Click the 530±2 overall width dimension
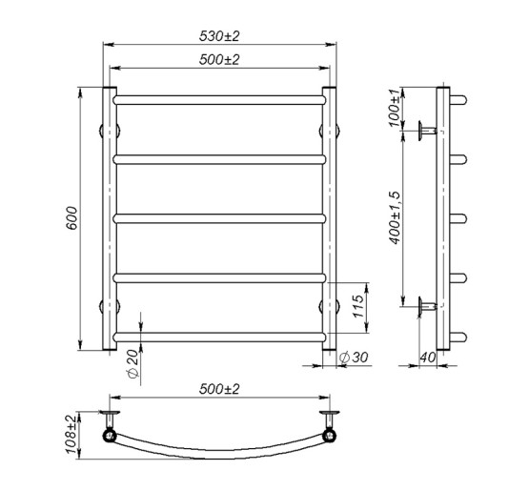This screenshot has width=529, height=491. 219,36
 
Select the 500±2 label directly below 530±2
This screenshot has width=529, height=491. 219,59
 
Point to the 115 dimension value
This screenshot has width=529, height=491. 359,307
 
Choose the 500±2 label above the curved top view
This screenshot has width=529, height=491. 219,390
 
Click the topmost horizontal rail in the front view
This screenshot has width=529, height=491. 220,97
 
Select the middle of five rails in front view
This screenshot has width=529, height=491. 220,217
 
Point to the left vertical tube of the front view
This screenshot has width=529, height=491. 108,219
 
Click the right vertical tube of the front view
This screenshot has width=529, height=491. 329,219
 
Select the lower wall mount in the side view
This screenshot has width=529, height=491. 426,307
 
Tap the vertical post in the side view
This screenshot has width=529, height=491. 442,219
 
